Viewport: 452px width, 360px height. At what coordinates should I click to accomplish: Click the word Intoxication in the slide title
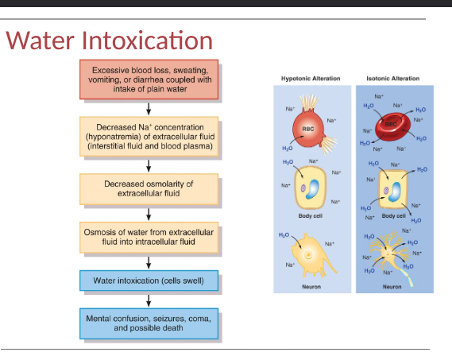[149, 41]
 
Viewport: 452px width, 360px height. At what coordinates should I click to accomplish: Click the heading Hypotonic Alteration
[311, 79]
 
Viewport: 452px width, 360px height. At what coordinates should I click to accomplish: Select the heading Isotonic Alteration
[392, 79]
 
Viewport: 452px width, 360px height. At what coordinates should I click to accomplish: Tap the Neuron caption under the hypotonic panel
[311, 286]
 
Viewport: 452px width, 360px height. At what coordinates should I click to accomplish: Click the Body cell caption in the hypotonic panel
[311, 215]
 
